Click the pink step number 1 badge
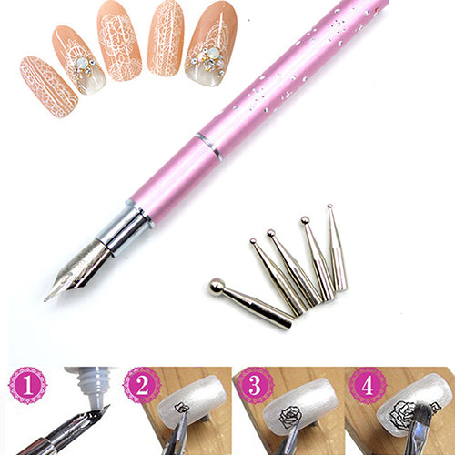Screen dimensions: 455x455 [x=27, y=385]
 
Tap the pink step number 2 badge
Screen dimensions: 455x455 [x=142, y=385]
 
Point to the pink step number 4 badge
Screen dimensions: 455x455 [x=368, y=385]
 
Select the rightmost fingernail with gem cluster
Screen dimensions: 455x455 [x=209, y=42]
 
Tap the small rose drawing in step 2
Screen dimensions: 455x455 [x=181, y=409]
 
